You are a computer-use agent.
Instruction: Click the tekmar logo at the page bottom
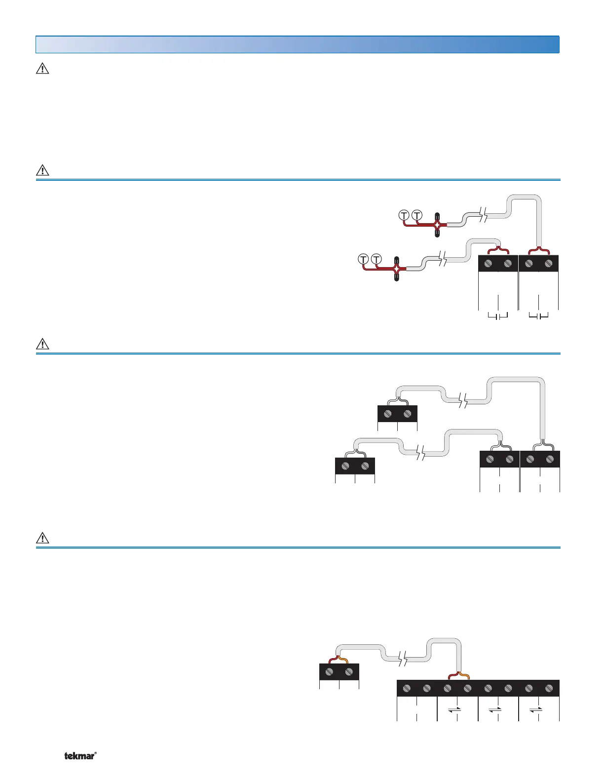[x=80, y=756]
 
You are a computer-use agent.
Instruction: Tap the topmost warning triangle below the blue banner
[x=43, y=69]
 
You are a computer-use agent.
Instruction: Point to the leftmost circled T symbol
[x=363, y=259]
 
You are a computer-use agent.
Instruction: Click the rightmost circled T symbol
[x=417, y=215]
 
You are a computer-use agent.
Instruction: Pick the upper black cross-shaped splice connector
[x=437, y=224]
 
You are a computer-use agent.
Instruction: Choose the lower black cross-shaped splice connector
[x=396, y=269]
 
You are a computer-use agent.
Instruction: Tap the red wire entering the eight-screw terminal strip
[x=453, y=675]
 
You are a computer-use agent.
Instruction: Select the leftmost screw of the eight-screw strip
[x=407, y=688]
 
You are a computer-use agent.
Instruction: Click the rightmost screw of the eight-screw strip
[x=549, y=688]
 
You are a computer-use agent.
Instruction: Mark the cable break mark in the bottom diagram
[x=403, y=658]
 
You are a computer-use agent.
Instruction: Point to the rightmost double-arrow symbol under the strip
[x=536, y=709]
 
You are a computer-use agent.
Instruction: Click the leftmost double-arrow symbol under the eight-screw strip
[x=454, y=709]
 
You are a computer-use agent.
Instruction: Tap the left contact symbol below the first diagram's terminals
[x=498, y=315]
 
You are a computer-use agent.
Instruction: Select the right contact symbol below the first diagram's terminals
[x=538, y=315]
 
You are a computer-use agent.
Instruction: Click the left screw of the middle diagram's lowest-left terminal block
[x=345, y=466]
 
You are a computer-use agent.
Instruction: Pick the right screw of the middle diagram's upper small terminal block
[x=407, y=414]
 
